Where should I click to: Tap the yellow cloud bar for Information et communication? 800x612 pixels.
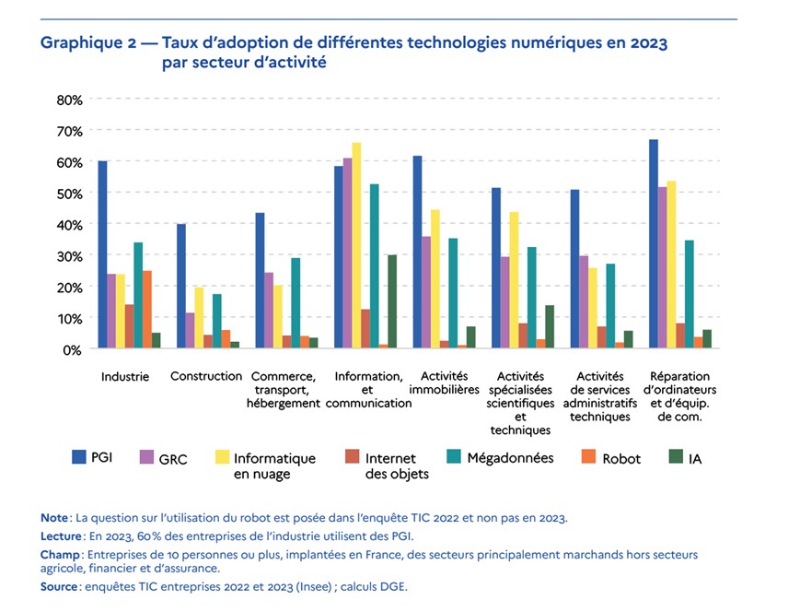(x=356, y=245)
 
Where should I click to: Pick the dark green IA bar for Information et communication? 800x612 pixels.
(x=392, y=301)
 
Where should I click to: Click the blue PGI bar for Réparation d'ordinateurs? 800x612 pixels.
(x=653, y=243)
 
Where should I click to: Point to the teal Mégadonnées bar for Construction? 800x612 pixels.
(x=217, y=321)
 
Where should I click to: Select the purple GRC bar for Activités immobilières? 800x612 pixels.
(x=426, y=292)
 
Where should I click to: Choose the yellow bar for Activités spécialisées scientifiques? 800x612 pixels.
(x=514, y=280)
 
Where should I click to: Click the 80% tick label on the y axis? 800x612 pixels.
(x=69, y=100)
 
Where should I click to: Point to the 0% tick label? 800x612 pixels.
(x=73, y=349)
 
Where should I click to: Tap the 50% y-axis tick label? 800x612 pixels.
(x=69, y=194)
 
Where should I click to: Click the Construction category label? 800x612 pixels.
(x=206, y=376)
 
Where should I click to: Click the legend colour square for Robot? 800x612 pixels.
(x=584, y=456)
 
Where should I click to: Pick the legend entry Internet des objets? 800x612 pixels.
(x=390, y=465)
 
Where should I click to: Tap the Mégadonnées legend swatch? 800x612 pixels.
(x=452, y=456)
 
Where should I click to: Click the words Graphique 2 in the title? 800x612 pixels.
(x=97, y=42)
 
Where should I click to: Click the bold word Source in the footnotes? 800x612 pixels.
(x=61, y=586)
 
